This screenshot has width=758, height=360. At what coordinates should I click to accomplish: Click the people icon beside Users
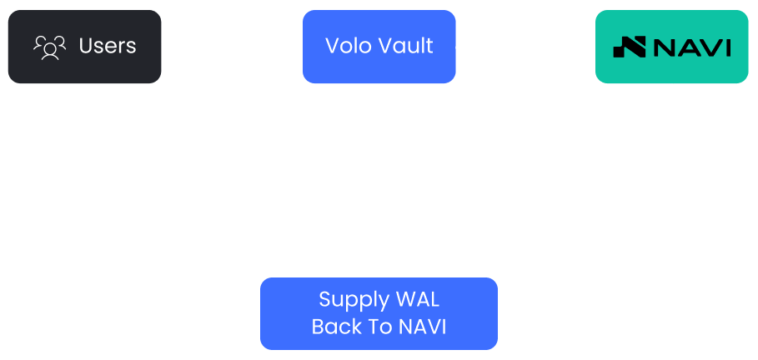[x=49, y=47]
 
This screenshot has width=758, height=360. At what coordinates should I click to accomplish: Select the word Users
[x=108, y=47]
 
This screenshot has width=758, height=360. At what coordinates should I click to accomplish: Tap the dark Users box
[x=84, y=47]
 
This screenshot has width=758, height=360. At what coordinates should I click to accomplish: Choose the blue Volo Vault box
[x=379, y=47]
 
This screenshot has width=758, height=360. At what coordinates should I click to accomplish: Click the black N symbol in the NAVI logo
[x=630, y=47]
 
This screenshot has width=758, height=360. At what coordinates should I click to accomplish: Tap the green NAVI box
[x=671, y=47]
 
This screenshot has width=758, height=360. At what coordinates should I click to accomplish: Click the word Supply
[x=354, y=301]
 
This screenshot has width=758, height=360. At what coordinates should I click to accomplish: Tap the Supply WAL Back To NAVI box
[x=379, y=313]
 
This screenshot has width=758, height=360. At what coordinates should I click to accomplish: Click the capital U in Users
[x=87, y=47]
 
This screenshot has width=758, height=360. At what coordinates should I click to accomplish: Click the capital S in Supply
[x=326, y=300]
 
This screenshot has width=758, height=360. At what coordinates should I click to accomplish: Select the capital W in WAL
[x=406, y=300]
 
